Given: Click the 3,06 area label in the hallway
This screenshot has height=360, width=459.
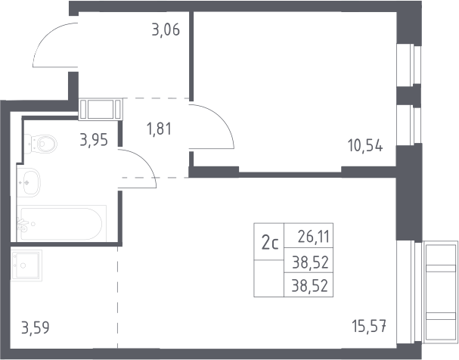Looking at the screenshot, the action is tap(166, 29).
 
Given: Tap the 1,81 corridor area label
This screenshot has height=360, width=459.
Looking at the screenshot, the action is tap(160, 129).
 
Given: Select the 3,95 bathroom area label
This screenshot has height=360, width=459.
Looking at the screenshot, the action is tap(94, 140).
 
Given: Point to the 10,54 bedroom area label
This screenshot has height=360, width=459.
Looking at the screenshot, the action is tap(365, 145).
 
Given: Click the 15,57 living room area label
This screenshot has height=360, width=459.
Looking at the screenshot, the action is tap(370, 326).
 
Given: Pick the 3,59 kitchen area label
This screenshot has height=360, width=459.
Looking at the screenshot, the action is tap(36, 327).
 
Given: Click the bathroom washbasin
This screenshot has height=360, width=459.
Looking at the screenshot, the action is tap(29, 182).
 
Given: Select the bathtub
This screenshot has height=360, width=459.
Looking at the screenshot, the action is tap(61, 224).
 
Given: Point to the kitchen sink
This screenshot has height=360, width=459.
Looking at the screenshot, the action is tap(26, 265).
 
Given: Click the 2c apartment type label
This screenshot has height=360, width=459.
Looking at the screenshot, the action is tap(270, 243).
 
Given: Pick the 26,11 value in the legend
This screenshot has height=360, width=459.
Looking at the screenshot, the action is tap(313, 237).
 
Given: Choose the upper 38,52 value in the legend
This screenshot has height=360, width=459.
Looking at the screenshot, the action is tap(310, 262).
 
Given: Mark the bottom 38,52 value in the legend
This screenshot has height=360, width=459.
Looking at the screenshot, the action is tap(310, 285).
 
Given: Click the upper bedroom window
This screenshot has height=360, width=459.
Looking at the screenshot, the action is tap(409, 65).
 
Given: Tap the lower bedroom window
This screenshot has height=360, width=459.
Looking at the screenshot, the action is tap(409, 126).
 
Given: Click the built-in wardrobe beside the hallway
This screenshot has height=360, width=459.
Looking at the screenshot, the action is tap(101, 109).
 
